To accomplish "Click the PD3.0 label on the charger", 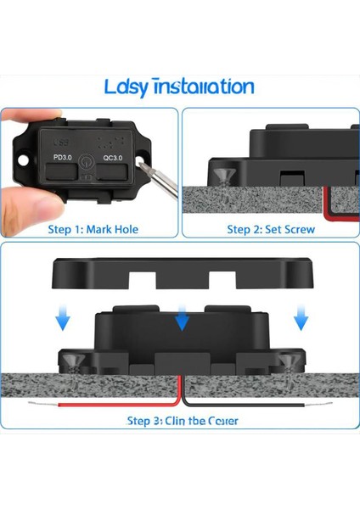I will pyautogui.click(x=64, y=157).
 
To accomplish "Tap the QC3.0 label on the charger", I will pyautogui.click(x=112, y=157).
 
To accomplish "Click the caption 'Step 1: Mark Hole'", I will pyautogui.click(x=93, y=229).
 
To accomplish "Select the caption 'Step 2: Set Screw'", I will pyautogui.click(x=271, y=229).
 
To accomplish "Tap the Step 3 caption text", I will pyautogui.click(x=182, y=420).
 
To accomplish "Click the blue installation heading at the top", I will pyautogui.click(x=179, y=87).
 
